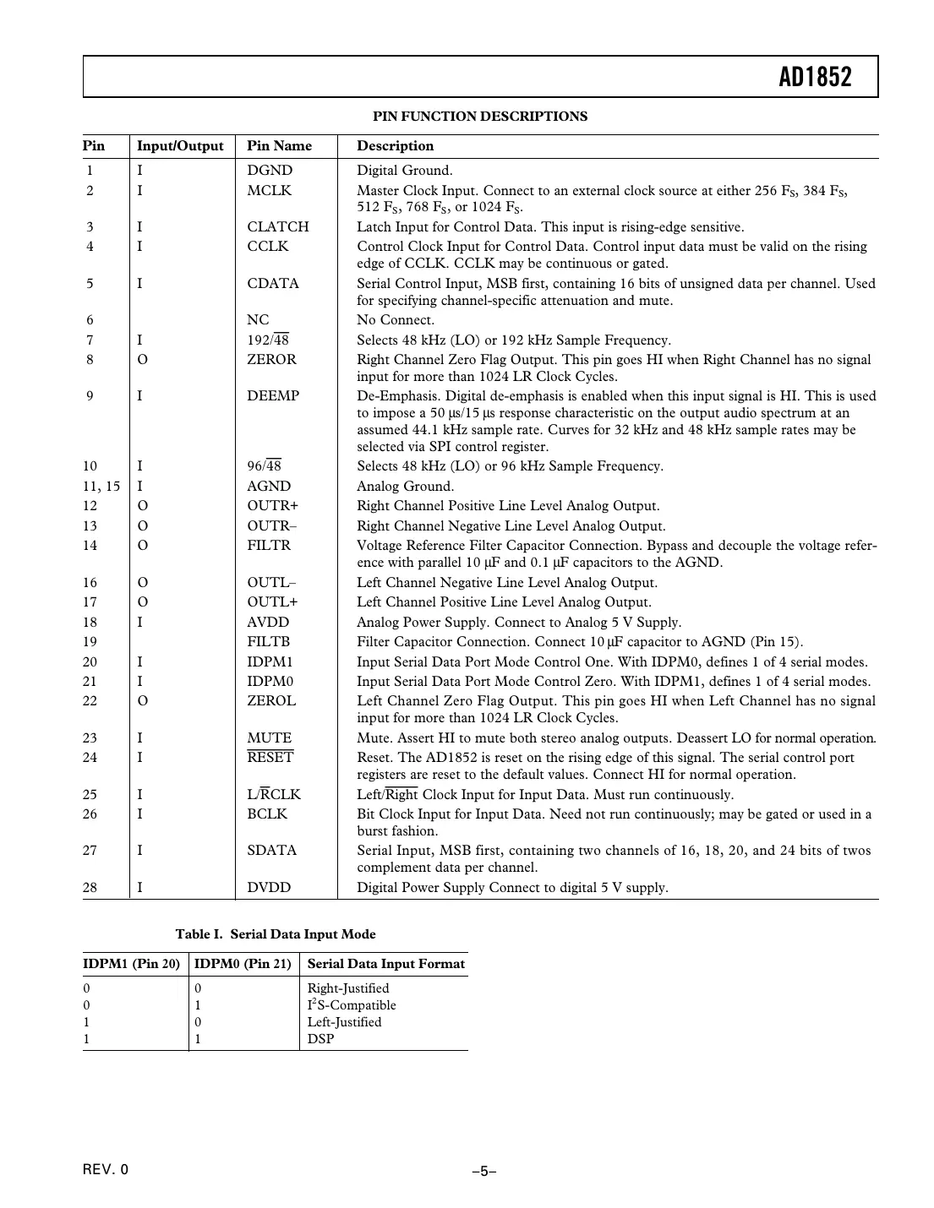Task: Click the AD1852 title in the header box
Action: (x=815, y=78)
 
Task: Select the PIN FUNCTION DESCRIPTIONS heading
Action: (x=480, y=117)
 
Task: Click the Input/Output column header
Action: (x=180, y=146)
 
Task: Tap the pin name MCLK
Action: (x=269, y=191)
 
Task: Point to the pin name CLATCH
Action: (x=278, y=227)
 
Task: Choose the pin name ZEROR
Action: (x=271, y=360)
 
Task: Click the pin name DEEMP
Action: (x=273, y=396)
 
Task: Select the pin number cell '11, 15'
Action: (x=101, y=487)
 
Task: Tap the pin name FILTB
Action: (x=269, y=642)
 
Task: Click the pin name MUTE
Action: (x=269, y=738)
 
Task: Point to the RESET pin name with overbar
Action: (x=270, y=758)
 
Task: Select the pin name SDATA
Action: (x=272, y=851)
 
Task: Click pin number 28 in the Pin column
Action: (x=90, y=888)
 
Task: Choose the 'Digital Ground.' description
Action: (x=405, y=171)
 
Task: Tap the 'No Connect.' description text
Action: (x=396, y=320)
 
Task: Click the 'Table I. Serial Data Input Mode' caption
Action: (x=276, y=934)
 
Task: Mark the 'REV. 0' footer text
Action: (x=107, y=1170)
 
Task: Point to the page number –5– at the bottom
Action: (x=483, y=1172)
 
